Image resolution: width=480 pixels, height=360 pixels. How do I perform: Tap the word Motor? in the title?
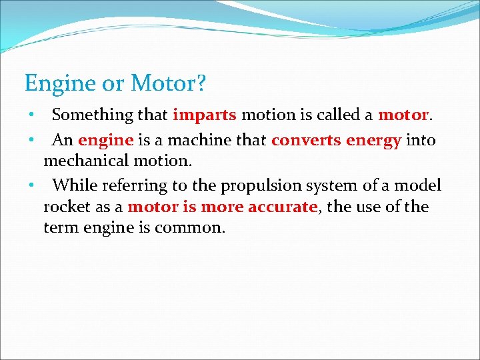point(169,84)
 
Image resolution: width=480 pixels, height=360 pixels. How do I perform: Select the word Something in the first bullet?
point(93,115)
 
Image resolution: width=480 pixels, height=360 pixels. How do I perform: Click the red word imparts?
point(204,115)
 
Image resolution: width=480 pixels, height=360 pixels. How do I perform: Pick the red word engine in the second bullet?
point(105,141)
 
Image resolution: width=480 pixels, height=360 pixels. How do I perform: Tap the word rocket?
point(65,207)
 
